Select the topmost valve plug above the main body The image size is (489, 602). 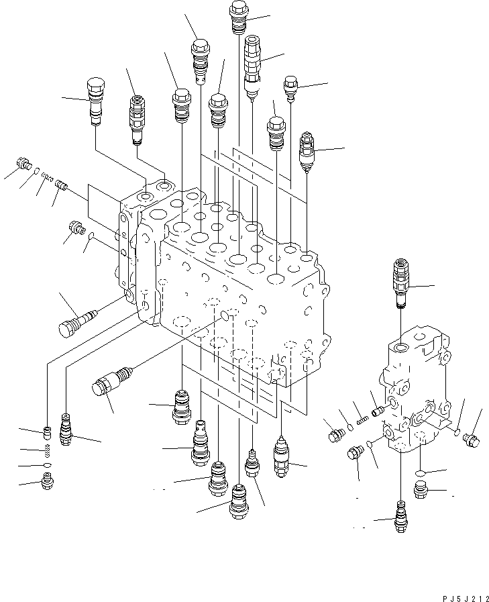pyautogui.click(x=239, y=17)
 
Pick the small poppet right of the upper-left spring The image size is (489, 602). pyautogui.click(x=60, y=183)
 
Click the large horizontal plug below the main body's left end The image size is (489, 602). pyautogui.click(x=111, y=383)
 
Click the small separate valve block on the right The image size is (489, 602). pyautogui.click(x=416, y=396)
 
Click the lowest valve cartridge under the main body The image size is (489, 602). pyautogui.click(x=239, y=500)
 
